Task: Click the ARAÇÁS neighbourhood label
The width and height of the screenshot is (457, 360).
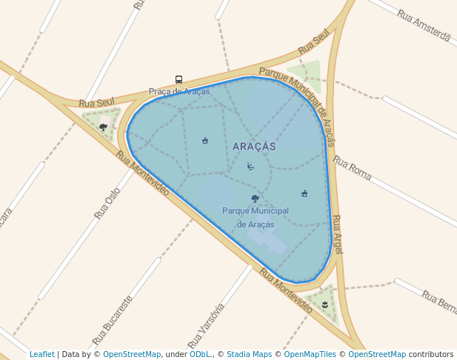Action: [254, 147]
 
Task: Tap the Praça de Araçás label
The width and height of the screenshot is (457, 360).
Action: [179, 92]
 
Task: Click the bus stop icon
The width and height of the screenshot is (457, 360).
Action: [179, 79]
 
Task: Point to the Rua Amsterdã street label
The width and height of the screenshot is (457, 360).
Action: [423, 25]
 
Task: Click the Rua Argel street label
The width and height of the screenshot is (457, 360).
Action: [337, 234]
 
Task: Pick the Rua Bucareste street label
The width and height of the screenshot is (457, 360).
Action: [113, 321]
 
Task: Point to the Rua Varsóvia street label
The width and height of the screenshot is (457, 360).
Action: [207, 325]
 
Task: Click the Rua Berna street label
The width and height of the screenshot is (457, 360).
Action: [438, 300]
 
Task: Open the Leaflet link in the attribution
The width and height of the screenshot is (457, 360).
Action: [42, 354]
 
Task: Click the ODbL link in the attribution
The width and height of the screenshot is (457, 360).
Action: [199, 354]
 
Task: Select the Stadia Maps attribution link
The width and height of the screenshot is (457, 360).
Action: [250, 354]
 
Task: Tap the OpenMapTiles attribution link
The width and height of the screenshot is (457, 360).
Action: [307, 354]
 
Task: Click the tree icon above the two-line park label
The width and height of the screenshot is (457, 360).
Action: [255, 199]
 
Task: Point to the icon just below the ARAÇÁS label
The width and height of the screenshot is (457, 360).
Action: [250, 166]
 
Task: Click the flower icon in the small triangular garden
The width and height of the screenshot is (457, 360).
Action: [324, 304]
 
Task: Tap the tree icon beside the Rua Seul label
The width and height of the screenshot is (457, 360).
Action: [103, 127]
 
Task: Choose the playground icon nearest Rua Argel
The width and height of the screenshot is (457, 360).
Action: [304, 193]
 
